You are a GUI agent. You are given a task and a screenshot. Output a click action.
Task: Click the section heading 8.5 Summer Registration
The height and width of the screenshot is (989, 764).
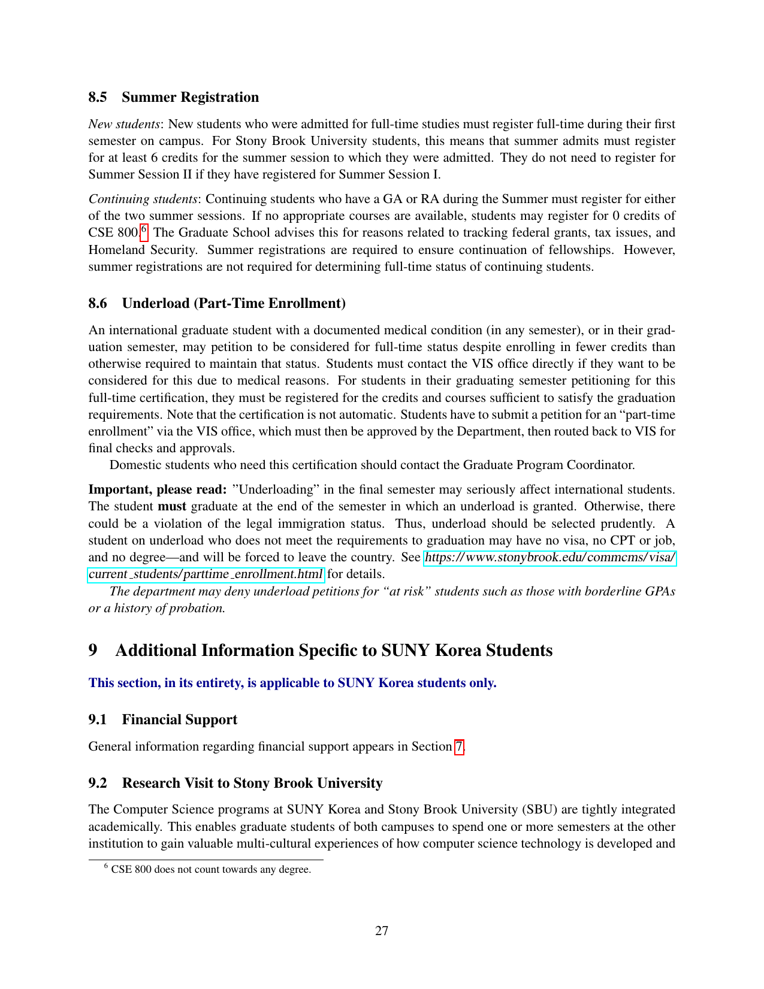tap(174, 97)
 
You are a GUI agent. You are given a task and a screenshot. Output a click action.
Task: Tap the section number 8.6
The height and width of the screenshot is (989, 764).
tap(98, 303)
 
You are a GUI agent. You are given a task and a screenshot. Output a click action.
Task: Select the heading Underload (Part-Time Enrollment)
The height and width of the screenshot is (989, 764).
tap(234, 303)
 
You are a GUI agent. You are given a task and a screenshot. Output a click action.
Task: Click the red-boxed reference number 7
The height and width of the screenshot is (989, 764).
tap(459, 746)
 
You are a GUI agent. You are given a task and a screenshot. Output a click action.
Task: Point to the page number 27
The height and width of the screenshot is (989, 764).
tap(382, 930)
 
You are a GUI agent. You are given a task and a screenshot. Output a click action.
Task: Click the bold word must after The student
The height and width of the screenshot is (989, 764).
tap(172, 506)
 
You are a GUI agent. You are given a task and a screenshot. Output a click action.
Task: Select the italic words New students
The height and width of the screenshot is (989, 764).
tap(124, 124)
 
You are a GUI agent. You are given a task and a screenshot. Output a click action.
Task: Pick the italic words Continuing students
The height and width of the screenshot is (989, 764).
tap(143, 199)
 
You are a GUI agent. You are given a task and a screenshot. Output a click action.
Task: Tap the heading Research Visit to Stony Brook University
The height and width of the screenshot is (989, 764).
tap(252, 783)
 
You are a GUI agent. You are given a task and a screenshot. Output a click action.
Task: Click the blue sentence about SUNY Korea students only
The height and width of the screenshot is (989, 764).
tap(292, 683)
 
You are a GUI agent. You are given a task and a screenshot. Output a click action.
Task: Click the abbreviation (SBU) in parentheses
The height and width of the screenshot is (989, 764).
tap(540, 809)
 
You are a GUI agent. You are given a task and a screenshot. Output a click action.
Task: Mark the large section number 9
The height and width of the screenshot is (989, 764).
tap(93, 651)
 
